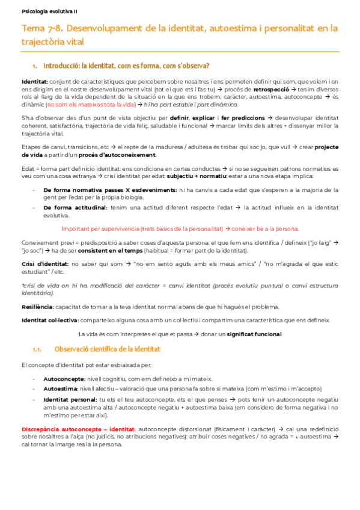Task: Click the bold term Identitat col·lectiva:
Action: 46,320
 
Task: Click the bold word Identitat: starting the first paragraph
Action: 33,81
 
